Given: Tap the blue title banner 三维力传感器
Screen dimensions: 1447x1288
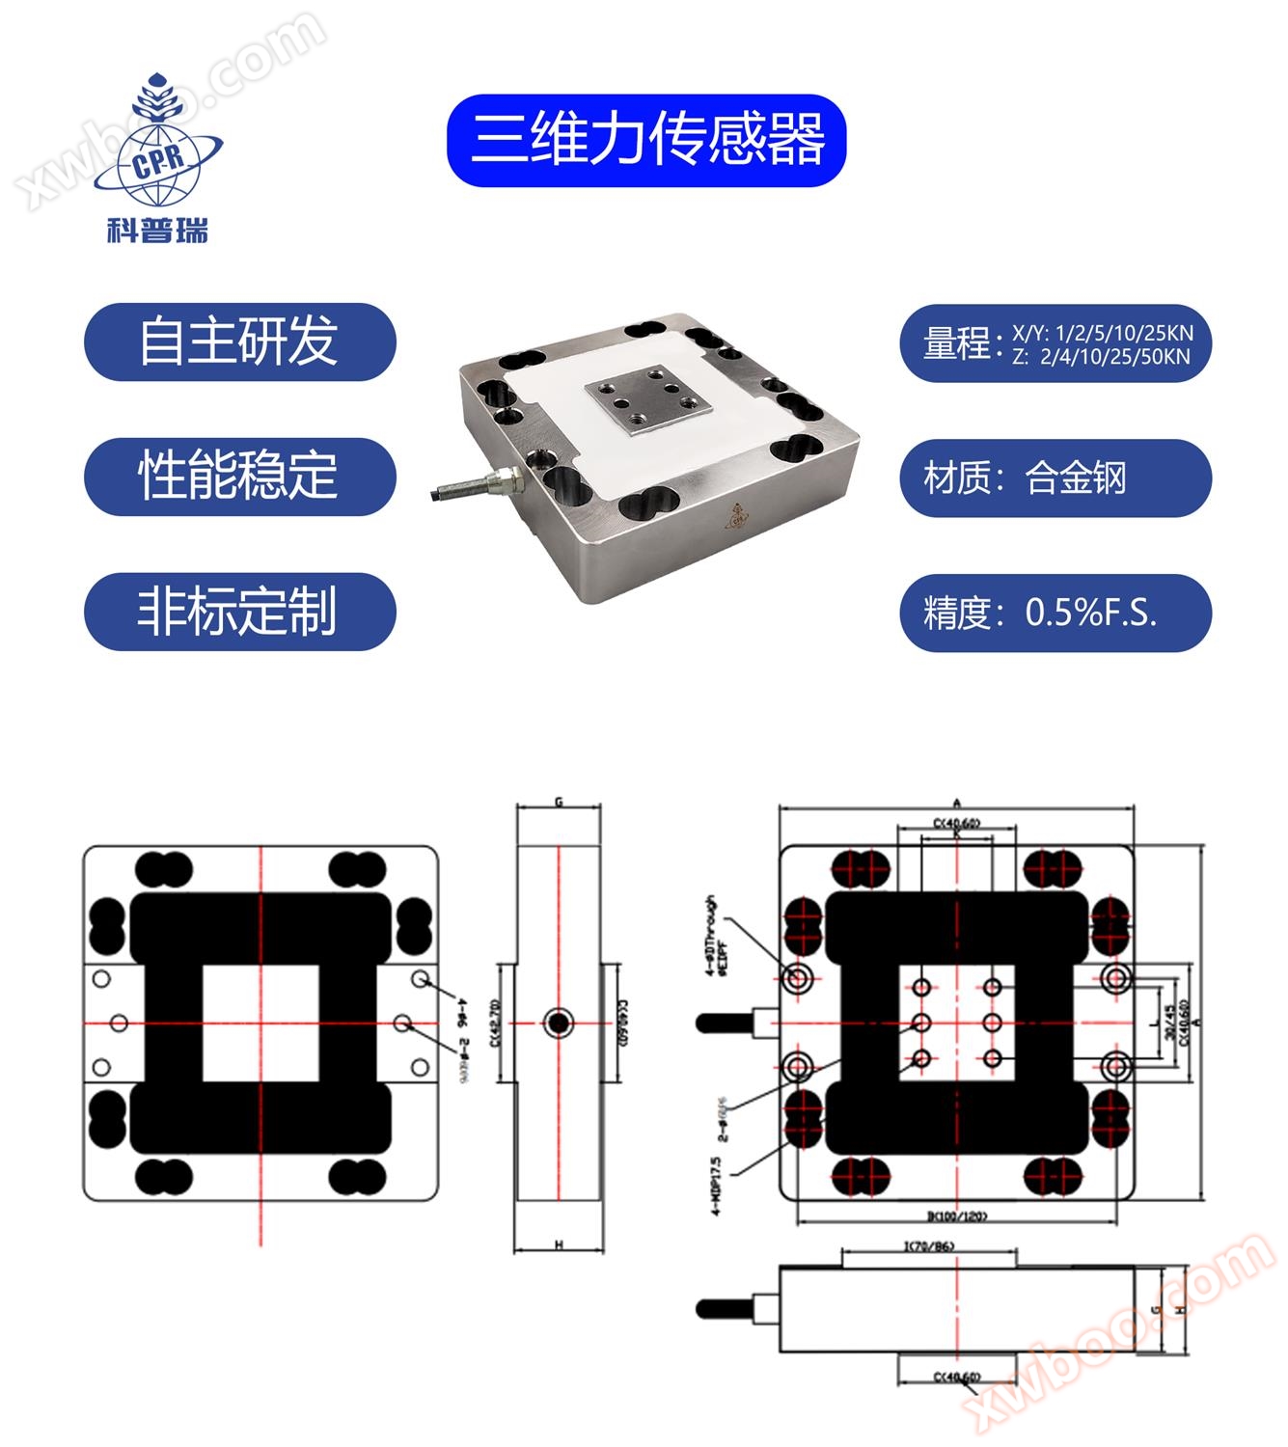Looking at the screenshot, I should (x=645, y=141).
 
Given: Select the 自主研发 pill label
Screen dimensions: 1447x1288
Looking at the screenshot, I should (x=239, y=341).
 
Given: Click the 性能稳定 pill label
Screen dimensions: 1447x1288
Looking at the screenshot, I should (x=239, y=477).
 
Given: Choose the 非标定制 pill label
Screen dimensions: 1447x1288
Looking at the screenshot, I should (x=239, y=612).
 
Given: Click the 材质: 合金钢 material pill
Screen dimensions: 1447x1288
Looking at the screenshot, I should (x=1055, y=478).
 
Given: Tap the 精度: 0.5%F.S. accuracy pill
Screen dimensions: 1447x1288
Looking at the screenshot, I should (x=1055, y=613).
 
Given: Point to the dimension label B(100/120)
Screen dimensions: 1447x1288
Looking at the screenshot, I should (x=957, y=1216).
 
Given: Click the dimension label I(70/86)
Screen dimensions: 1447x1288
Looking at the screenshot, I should (x=928, y=1246).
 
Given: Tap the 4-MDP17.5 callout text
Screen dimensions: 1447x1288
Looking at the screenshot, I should (x=717, y=1186).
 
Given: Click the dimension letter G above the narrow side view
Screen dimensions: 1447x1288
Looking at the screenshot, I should (x=559, y=803).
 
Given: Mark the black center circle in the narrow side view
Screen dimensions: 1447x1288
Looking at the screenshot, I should (x=558, y=1023).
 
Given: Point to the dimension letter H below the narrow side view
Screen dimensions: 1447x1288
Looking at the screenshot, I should (x=559, y=1245).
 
